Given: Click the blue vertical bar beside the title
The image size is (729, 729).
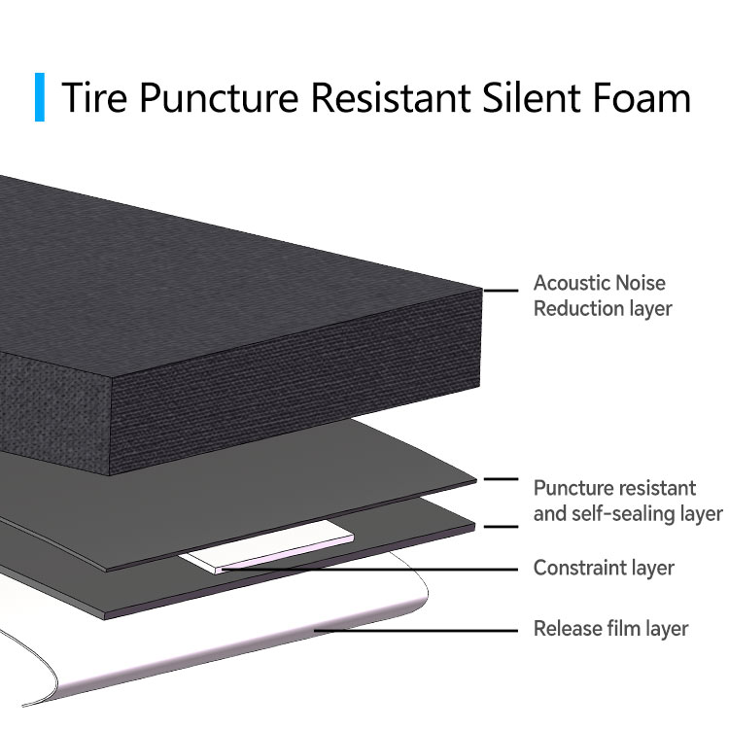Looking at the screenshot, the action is [x=40, y=96].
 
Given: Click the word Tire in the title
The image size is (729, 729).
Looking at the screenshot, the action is [x=94, y=97].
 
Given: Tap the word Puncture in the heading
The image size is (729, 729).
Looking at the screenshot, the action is [x=219, y=98].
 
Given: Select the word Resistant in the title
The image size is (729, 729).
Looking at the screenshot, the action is [x=391, y=97].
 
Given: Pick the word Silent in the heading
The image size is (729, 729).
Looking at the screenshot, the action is [x=532, y=97].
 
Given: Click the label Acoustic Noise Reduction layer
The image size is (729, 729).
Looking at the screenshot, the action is [x=603, y=295].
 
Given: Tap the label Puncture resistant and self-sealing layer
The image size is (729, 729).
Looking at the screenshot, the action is [x=628, y=501].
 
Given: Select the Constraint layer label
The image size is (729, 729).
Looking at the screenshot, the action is [x=604, y=568].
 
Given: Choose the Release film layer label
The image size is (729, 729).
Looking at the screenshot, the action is [x=611, y=629].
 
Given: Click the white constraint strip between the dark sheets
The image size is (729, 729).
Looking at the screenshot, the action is [x=267, y=546].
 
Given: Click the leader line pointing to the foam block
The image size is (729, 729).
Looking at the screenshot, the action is [x=501, y=291].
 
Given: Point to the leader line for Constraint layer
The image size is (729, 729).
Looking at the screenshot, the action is [x=370, y=569].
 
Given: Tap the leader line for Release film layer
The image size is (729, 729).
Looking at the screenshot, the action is [x=416, y=631].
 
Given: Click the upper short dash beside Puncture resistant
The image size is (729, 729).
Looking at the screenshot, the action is [x=501, y=479].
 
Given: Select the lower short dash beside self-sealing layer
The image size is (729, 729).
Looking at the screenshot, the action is [x=501, y=527].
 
